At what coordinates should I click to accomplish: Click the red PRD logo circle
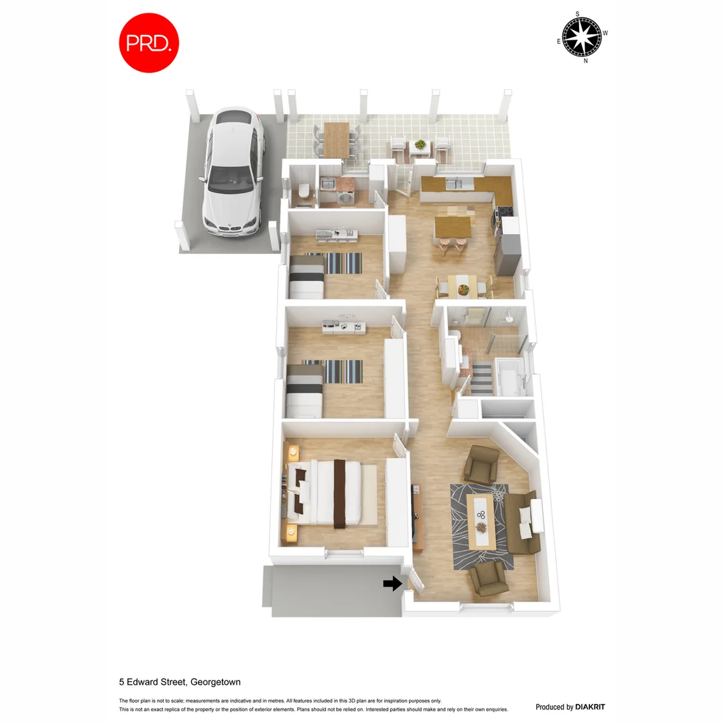tap(149, 42)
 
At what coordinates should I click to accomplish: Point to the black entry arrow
tap(392, 584)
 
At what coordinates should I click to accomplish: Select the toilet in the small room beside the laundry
tap(303, 192)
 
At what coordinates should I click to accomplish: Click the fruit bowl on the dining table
tap(463, 290)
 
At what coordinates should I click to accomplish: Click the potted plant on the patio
tap(420, 144)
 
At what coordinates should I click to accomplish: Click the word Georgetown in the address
tap(215, 682)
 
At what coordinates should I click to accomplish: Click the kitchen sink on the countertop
tap(450, 182)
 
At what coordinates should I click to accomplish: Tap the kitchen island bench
tap(453, 226)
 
